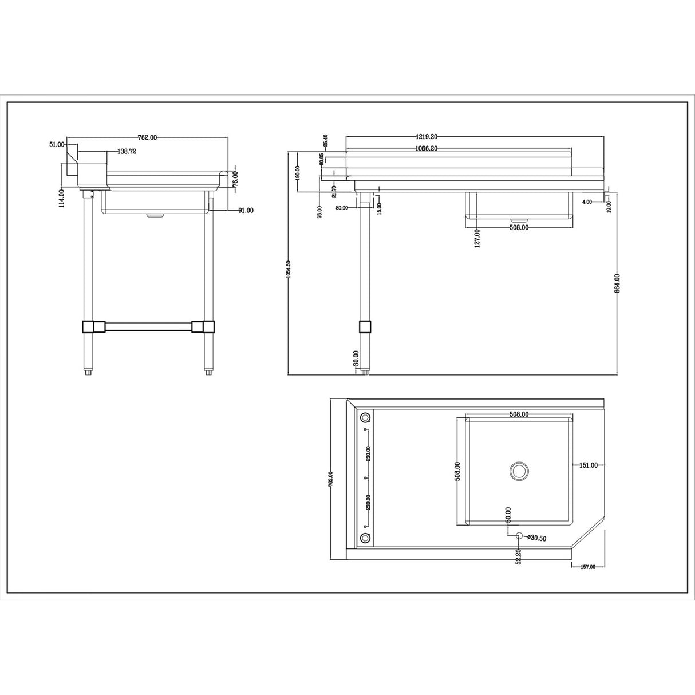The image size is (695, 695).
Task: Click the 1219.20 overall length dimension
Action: coord(426,137)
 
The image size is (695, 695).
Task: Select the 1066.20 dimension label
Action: coord(426,148)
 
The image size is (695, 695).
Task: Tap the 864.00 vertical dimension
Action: coord(617,285)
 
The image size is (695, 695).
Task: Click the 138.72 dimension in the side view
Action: coord(126,152)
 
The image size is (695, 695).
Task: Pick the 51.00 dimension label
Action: coord(57,145)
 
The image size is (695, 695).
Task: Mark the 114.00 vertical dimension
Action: coord(61,198)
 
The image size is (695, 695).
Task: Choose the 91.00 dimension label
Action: coord(246,211)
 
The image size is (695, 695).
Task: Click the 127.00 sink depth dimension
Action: coord(477,237)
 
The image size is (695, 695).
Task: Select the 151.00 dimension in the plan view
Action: coord(588,465)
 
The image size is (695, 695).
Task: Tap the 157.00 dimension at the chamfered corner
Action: coord(587,567)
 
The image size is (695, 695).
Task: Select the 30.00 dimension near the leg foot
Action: coord(356,359)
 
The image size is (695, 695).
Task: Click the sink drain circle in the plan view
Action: coord(519,471)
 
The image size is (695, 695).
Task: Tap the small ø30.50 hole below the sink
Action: coord(519,536)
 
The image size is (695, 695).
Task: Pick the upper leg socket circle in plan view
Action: coord(365,417)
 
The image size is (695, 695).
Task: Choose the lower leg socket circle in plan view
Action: coord(365,538)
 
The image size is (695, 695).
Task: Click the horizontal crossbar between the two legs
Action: coord(149,327)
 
